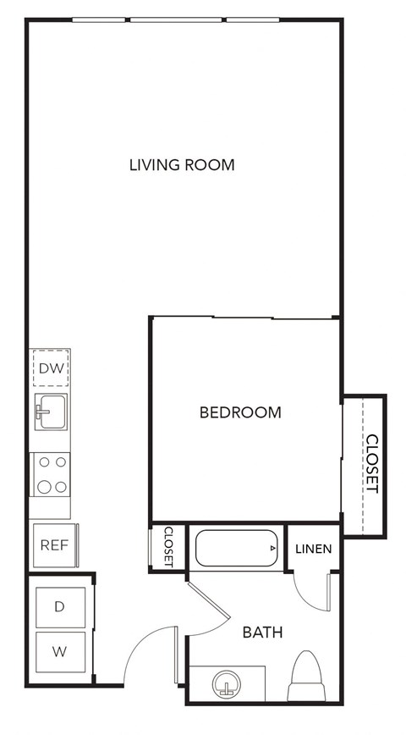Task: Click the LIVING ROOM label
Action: (x=182, y=164)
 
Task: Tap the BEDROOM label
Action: (x=240, y=413)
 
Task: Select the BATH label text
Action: (x=262, y=633)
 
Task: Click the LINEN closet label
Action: (x=313, y=549)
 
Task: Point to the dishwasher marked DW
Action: (x=51, y=367)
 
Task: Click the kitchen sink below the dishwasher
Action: (x=51, y=412)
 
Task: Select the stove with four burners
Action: (x=51, y=474)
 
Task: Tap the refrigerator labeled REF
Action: (x=54, y=545)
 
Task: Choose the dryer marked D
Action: (x=60, y=606)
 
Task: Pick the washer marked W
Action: (x=60, y=652)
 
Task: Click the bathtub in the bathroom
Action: (x=237, y=549)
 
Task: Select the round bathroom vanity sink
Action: (x=226, y=683)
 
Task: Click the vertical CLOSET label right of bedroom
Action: (x=371, y=464)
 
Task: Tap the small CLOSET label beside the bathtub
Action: (x=168, y=547)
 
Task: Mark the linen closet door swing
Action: (x=310, y=593)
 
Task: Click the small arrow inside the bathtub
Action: (x=272, y=549)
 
